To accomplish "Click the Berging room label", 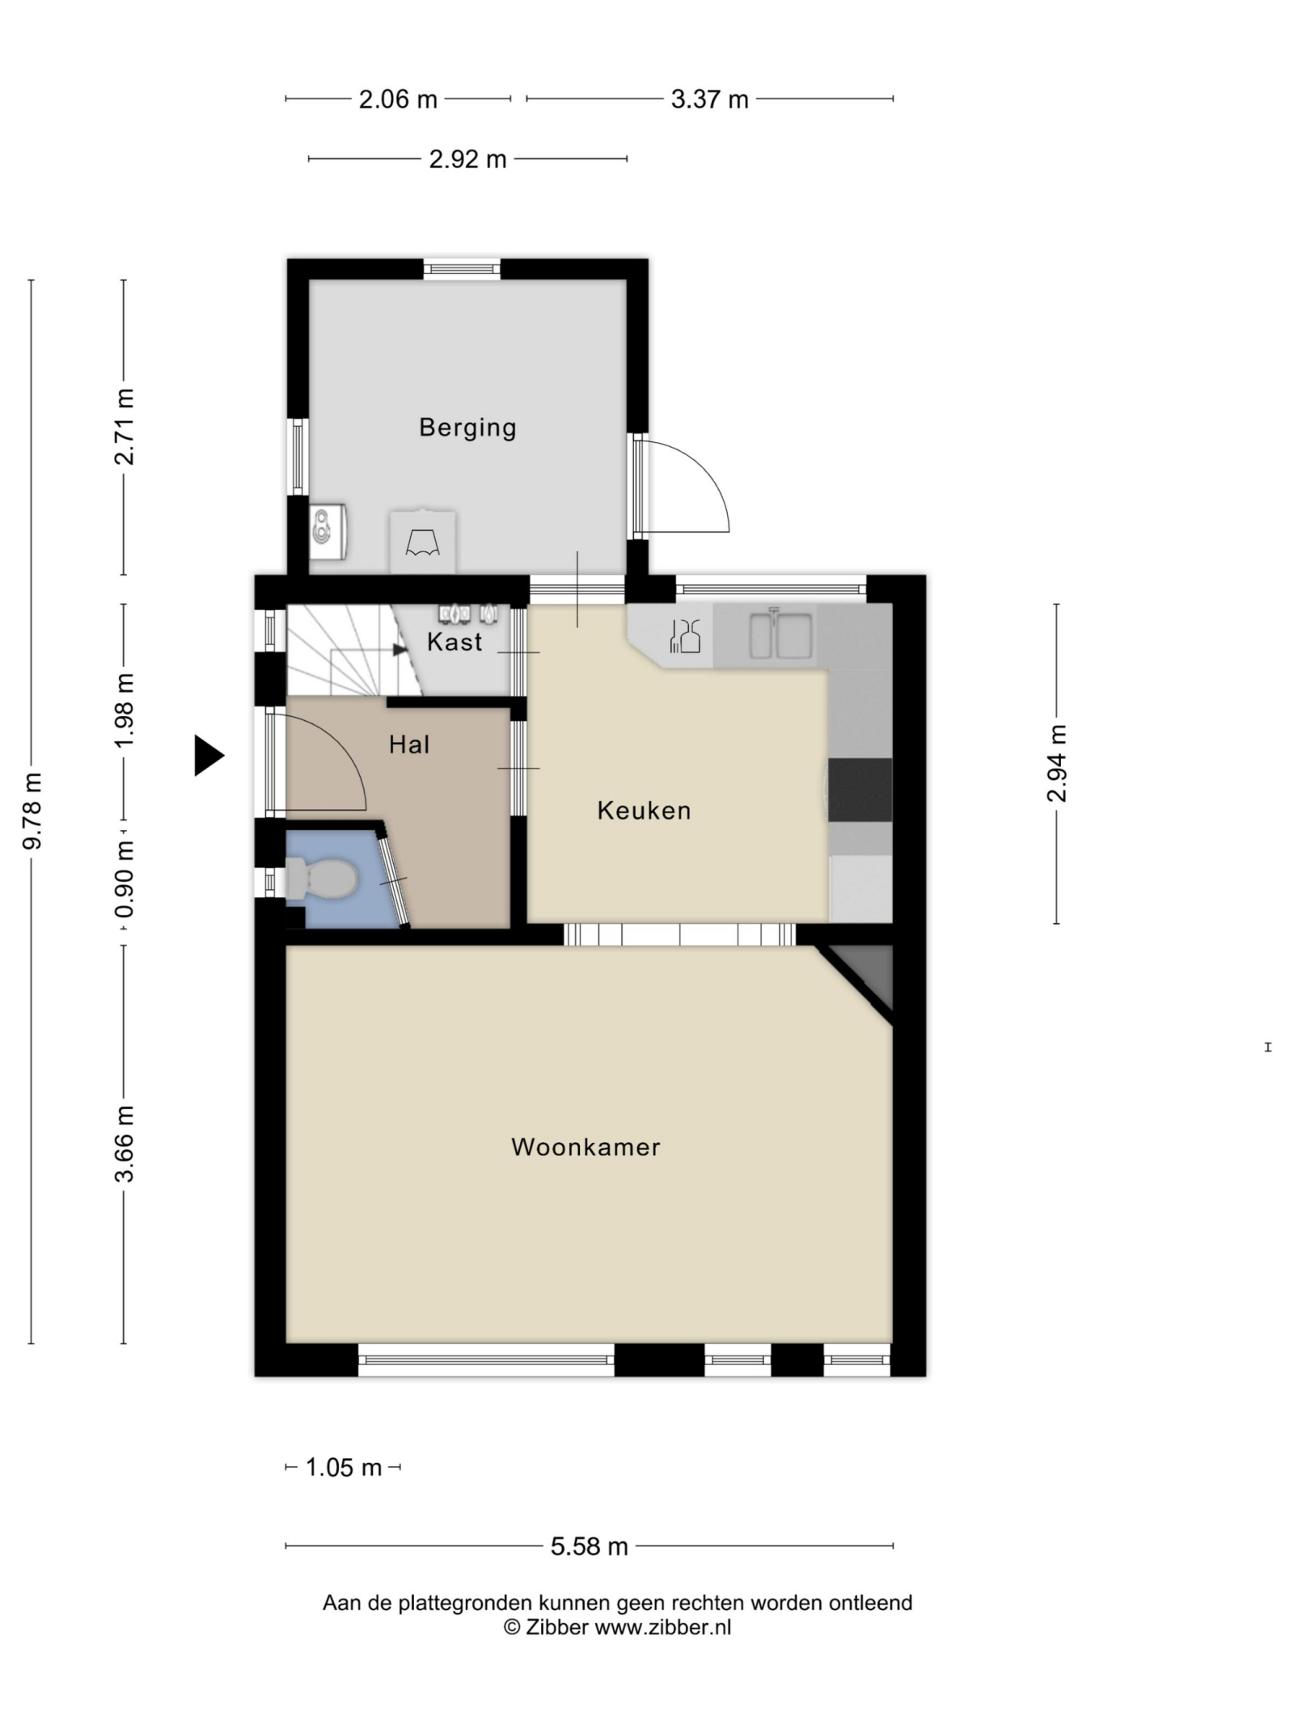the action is click(467, 427).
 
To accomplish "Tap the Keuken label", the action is click(644, 810).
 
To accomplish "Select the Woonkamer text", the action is click(586, 1146).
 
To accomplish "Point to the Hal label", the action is click(409, 744).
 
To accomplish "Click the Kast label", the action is click(455, 642).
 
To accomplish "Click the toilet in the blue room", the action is click(321, 879).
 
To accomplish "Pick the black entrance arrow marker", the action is click(209, 756).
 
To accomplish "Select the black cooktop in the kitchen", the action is click(860, 790).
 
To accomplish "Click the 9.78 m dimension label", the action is click(32, 811).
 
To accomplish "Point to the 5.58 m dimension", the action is click(589, 1546).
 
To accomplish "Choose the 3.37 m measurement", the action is click(709, 99).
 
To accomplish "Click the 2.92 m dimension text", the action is click(467, 159).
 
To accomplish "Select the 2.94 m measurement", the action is click(1056, 763).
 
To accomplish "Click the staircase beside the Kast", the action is click(354, 650).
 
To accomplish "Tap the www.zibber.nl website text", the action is click(662, 1627).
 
